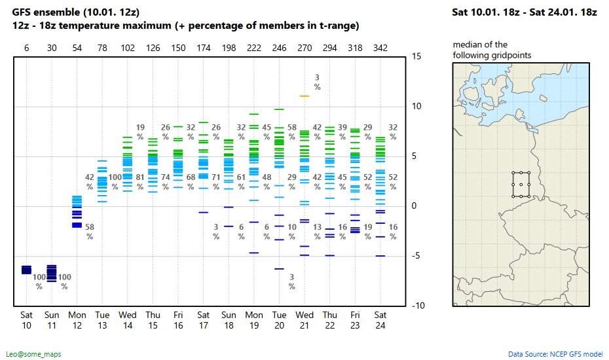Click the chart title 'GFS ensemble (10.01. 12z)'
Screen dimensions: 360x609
(x=75, y=12)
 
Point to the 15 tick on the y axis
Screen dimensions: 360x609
(x=416, y=56)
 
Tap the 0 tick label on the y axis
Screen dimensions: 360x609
(x=414, y=206)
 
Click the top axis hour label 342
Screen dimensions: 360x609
(x=380, y=48)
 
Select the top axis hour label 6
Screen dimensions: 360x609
(x=26, y=48)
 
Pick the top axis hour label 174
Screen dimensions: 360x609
(x=204, y=48)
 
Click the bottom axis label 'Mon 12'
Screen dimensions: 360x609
(x=77, y=320)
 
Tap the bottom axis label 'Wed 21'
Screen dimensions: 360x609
(x=304, y=320)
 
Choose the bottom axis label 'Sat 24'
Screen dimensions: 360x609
(x=380, y=320)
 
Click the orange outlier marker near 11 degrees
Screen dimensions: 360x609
(x=304, y=96)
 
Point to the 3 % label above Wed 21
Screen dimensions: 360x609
(x=317, y=82)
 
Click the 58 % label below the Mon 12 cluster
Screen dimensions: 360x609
(x=90, y=232)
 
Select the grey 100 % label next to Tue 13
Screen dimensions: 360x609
(x=115, y=181)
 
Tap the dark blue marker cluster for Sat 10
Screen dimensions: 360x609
(x=26, y=270)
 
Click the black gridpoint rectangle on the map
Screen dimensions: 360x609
(x=521, y=185)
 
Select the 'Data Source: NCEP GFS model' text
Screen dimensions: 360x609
(x=555, y=354)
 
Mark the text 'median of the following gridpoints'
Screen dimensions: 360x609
(x=492, y=50)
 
